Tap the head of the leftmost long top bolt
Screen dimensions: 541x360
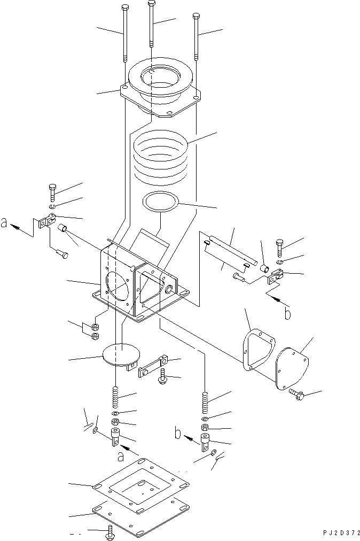124,7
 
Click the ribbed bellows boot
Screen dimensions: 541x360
160,158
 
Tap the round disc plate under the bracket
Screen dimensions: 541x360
121,354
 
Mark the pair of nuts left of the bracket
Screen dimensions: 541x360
96,331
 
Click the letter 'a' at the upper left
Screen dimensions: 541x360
5,224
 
